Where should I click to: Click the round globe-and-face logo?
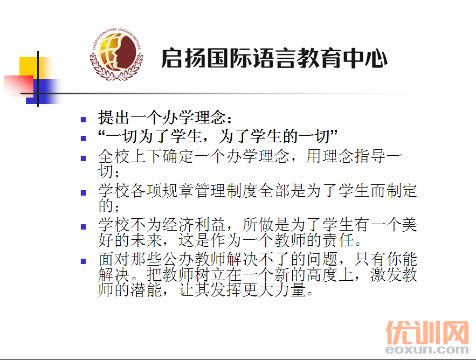point(116,54)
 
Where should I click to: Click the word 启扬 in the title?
point(184,58)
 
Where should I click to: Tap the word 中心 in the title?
point(365,58)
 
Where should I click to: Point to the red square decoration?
point(18,86)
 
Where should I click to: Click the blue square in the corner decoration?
point(43,92)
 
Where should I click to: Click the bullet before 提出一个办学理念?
point(84,120)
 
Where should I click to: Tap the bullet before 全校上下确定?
point(84,158)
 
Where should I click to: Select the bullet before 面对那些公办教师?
point(84,261)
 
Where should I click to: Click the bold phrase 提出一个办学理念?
point(162,117)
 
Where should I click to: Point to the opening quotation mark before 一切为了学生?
point(101,133)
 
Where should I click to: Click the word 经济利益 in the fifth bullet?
point(194,225)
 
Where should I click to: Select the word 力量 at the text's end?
point(290,289)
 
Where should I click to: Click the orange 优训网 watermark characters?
point(427,333)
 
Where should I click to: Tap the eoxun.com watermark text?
point(427,350)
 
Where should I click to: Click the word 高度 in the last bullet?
point(322,275)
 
